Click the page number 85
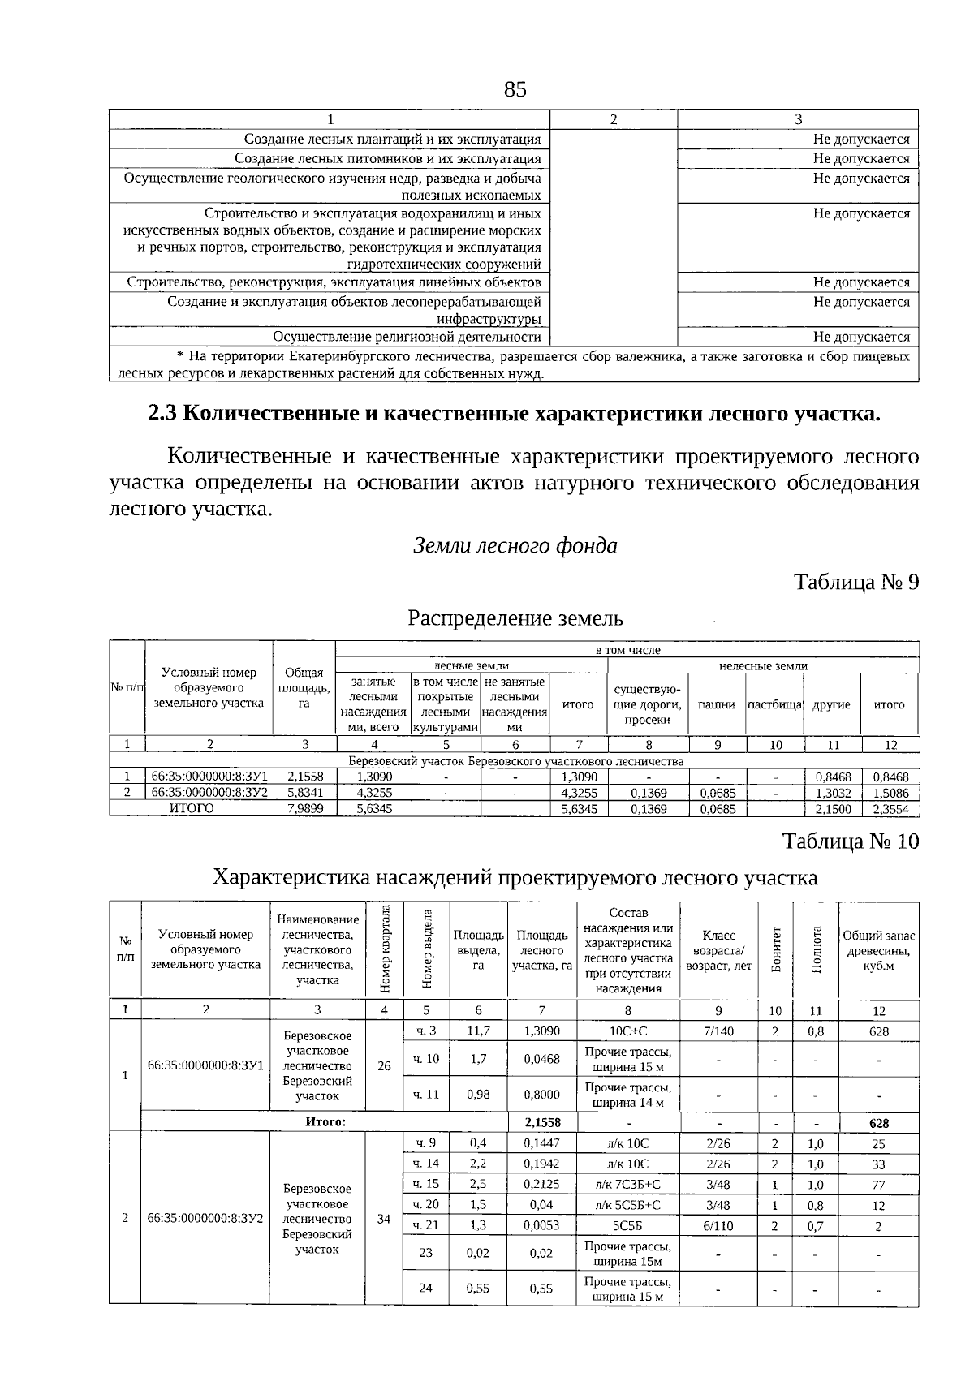(x=515, y=89)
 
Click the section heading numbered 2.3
(x=514, y=414)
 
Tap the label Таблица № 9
(x=855, y=583)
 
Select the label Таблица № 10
(x=851, y=841)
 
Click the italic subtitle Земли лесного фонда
(x=515, y=546)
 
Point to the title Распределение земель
(x=515, y=618)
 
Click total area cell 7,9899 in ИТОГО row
(x=304, y=809)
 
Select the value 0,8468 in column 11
(x=833, y=777)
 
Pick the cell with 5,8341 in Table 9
(x=304, y=793)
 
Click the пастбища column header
(x=774, y=704)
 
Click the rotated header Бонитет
(x=775, y=949)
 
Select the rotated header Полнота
(x=816, y=949)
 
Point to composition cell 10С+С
(x=627, y=1031)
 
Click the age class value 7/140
(x=718, y=1031)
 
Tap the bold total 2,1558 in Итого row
(x=541, y=1123)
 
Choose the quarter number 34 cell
(x=384, y=1219)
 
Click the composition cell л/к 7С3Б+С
(x=627, y=1184)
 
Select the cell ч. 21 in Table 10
(x=425, y=1225)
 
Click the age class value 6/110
(x=718, y=1225)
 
